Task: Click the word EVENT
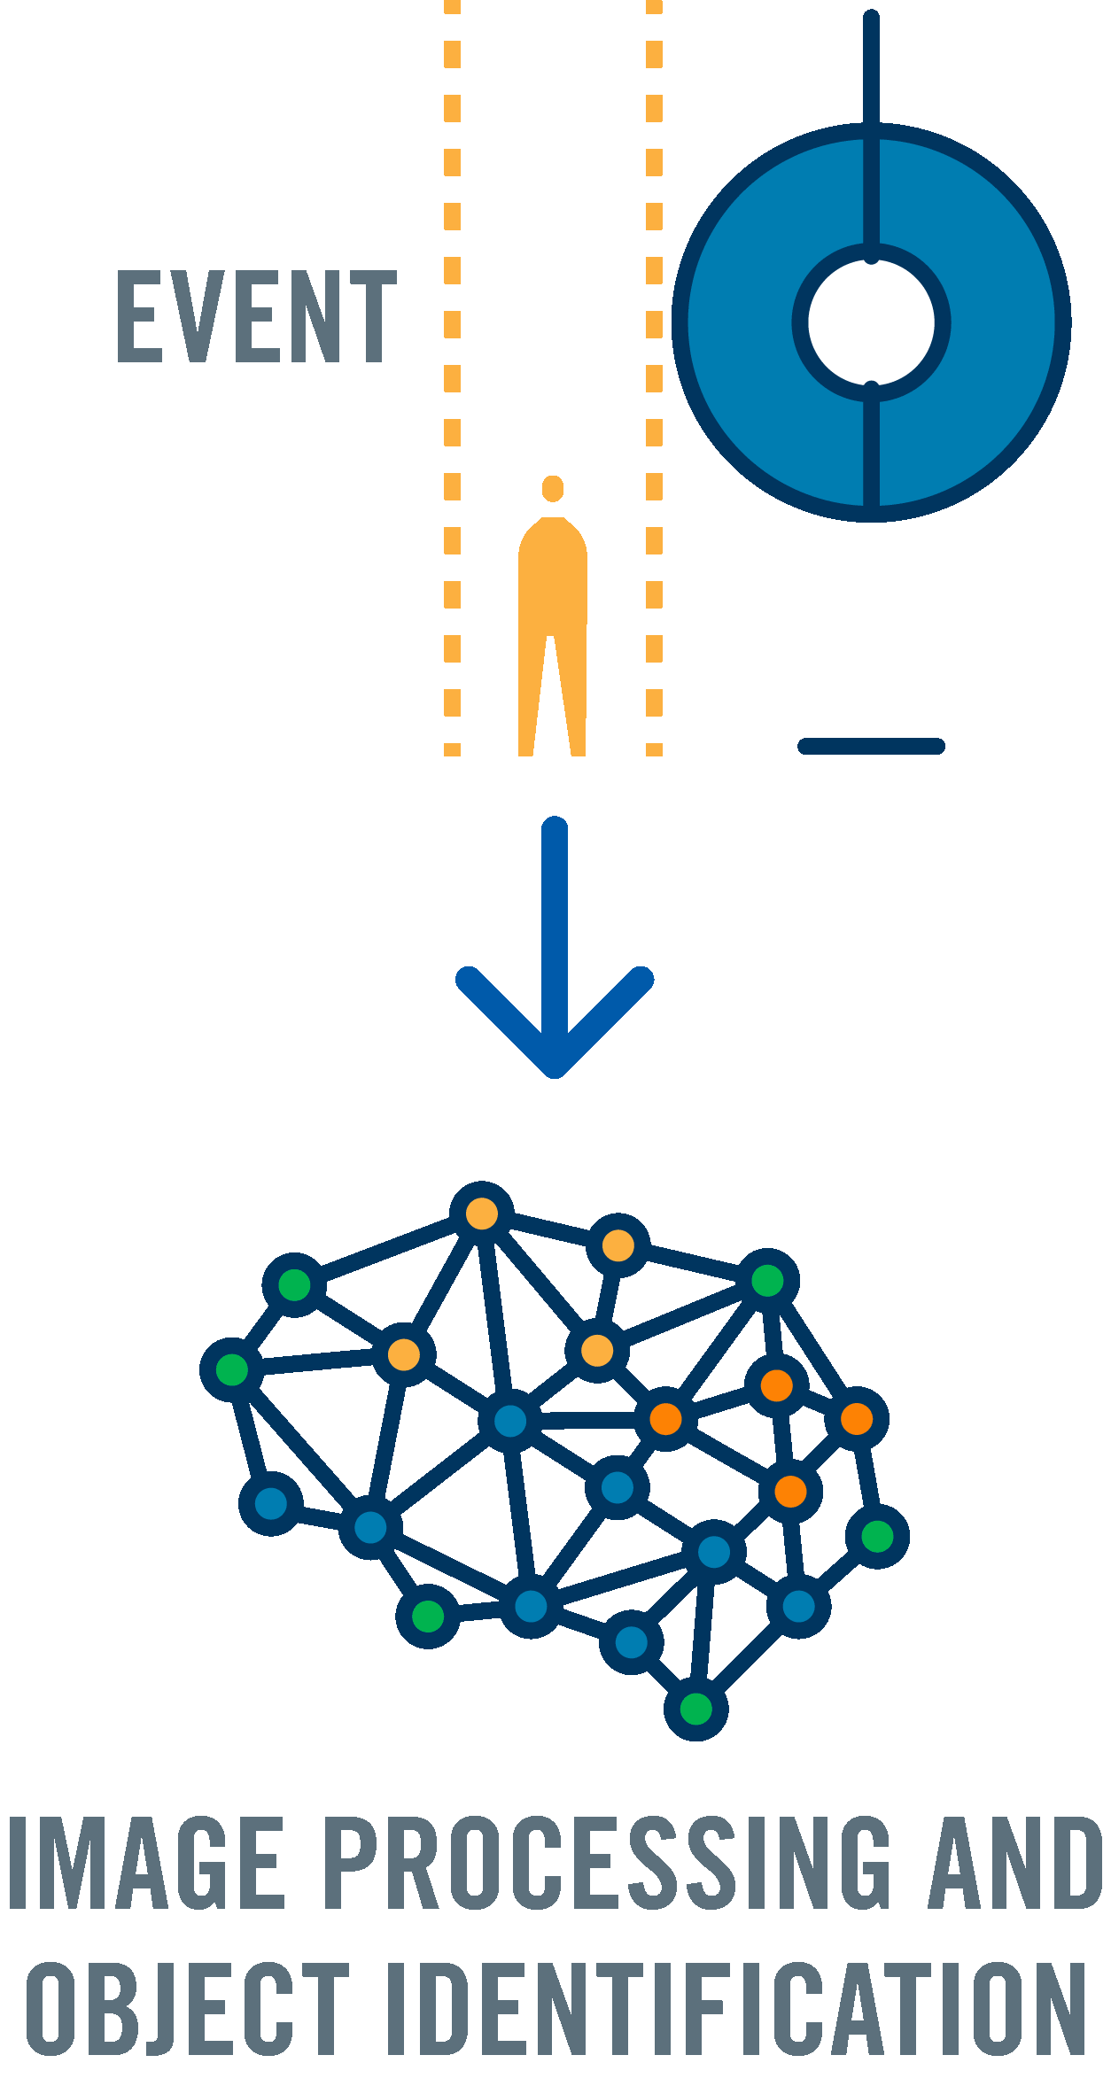click(256, 316)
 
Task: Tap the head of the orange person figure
click(553, 488)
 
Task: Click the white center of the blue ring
click(871, 323)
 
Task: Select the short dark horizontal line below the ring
click(871, 746)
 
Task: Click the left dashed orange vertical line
click(452, 381)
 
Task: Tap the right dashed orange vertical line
click(654, 381)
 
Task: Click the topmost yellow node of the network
click(482, 1213)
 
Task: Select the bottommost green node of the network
click(696, 1709)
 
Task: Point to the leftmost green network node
click(232, 1369)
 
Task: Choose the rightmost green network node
click(877, 1536)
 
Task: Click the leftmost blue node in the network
click(271, 1503)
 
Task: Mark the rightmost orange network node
click(857, 1419)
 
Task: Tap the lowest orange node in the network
click(790, 1492)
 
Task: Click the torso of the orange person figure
click(553, 576)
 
